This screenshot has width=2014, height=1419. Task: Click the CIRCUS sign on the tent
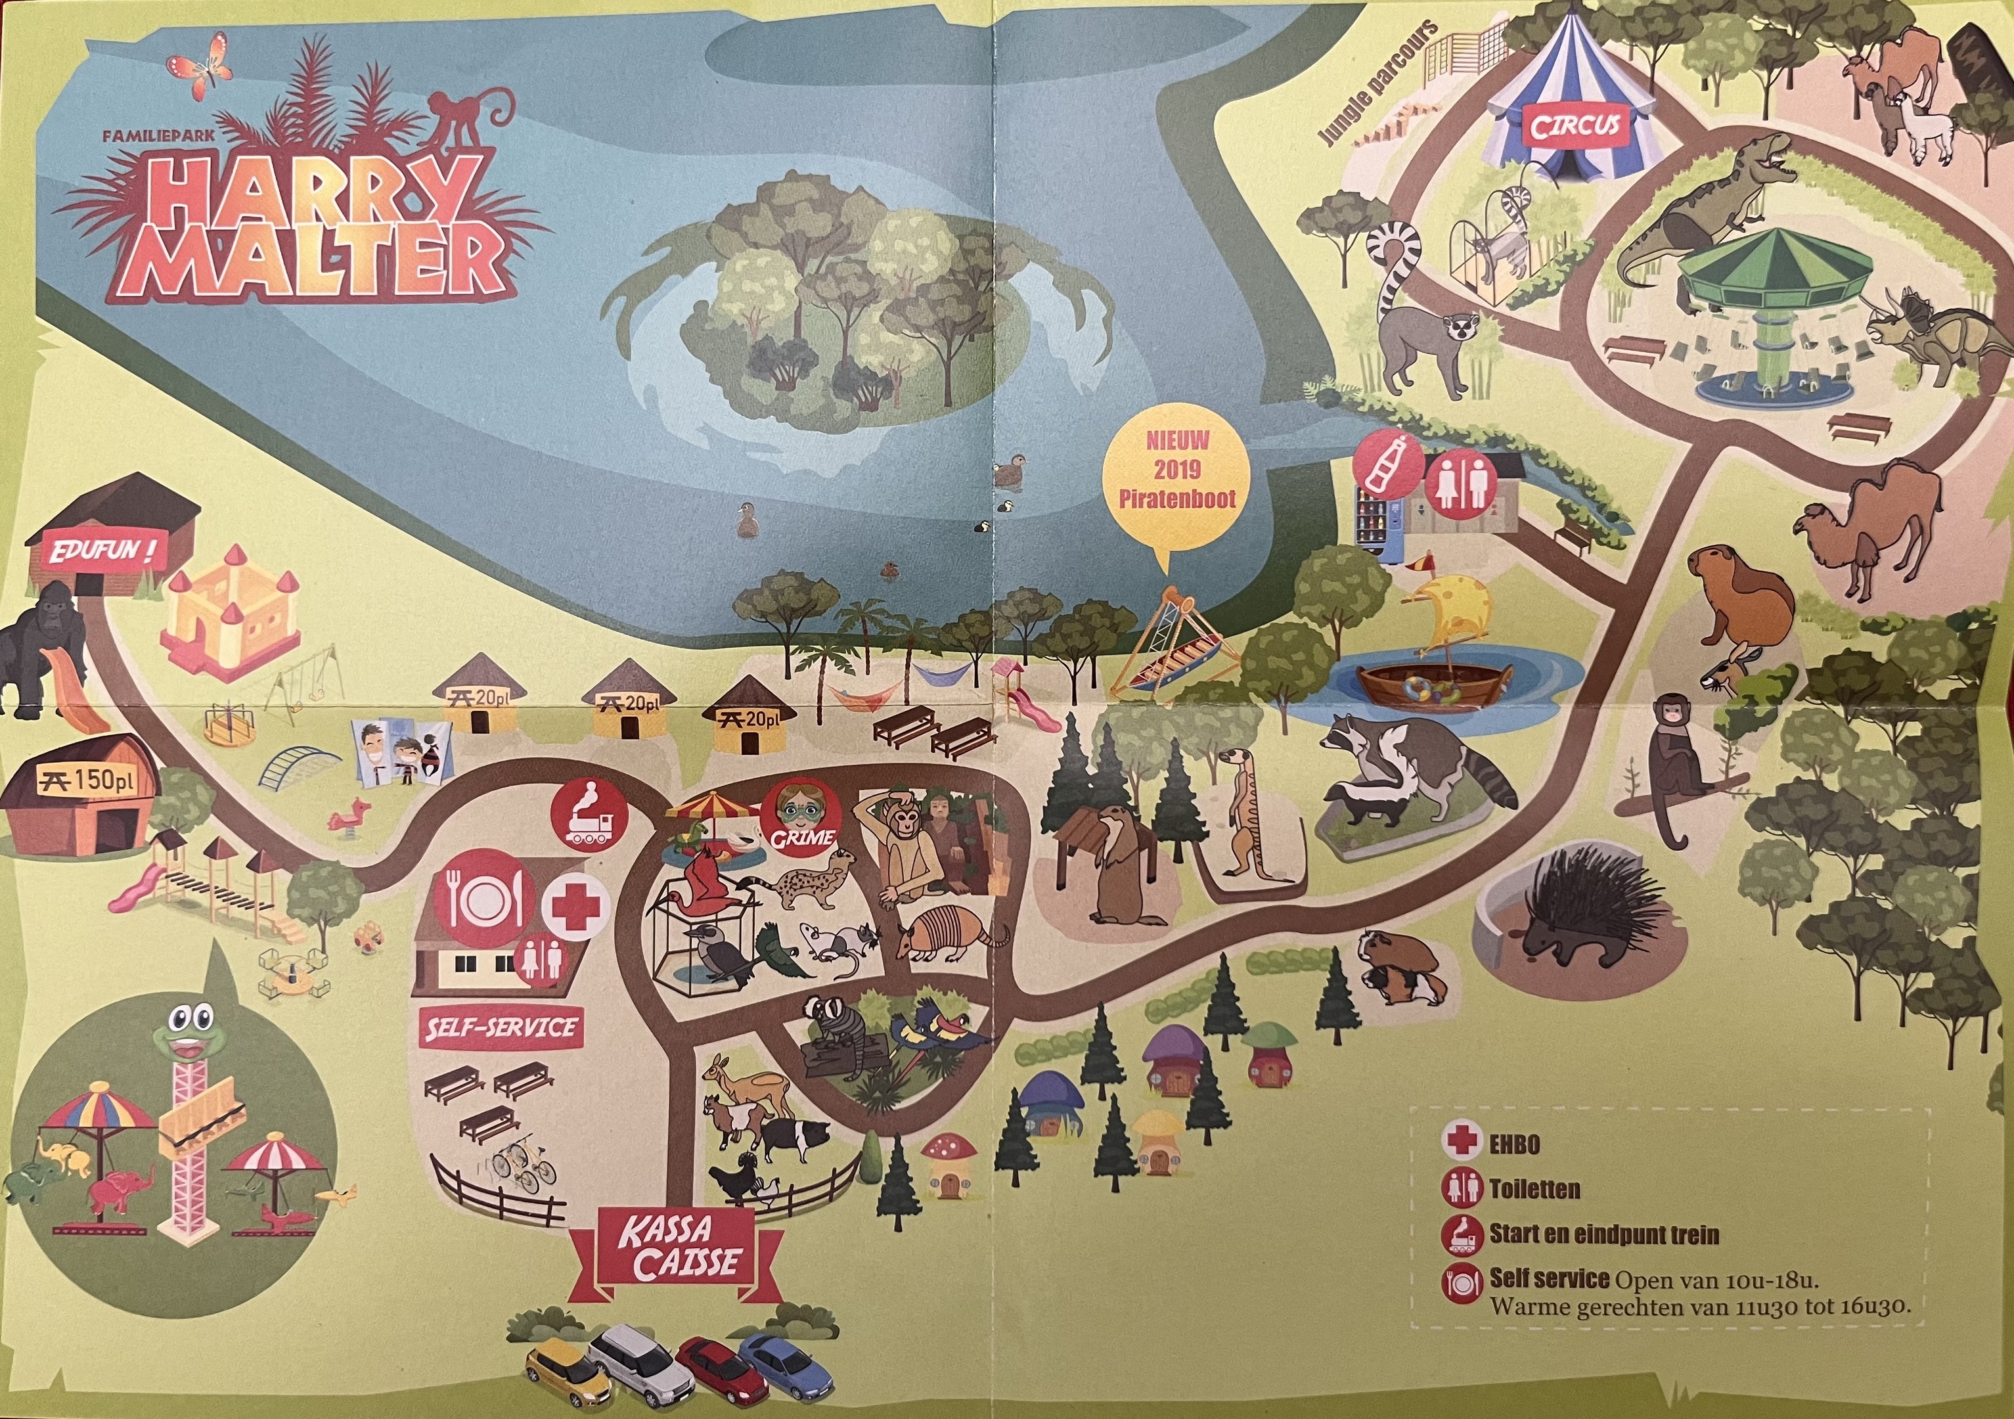pyautogui.click(x=1575, y=126)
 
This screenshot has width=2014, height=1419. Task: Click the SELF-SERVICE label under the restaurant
pyautogui.click(x=501, y=1028)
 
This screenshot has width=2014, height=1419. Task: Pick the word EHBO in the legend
pyautogui.click(x=1514, y=1144)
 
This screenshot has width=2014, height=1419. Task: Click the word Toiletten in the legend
pyautogui.click(x=1534, y=1189)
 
